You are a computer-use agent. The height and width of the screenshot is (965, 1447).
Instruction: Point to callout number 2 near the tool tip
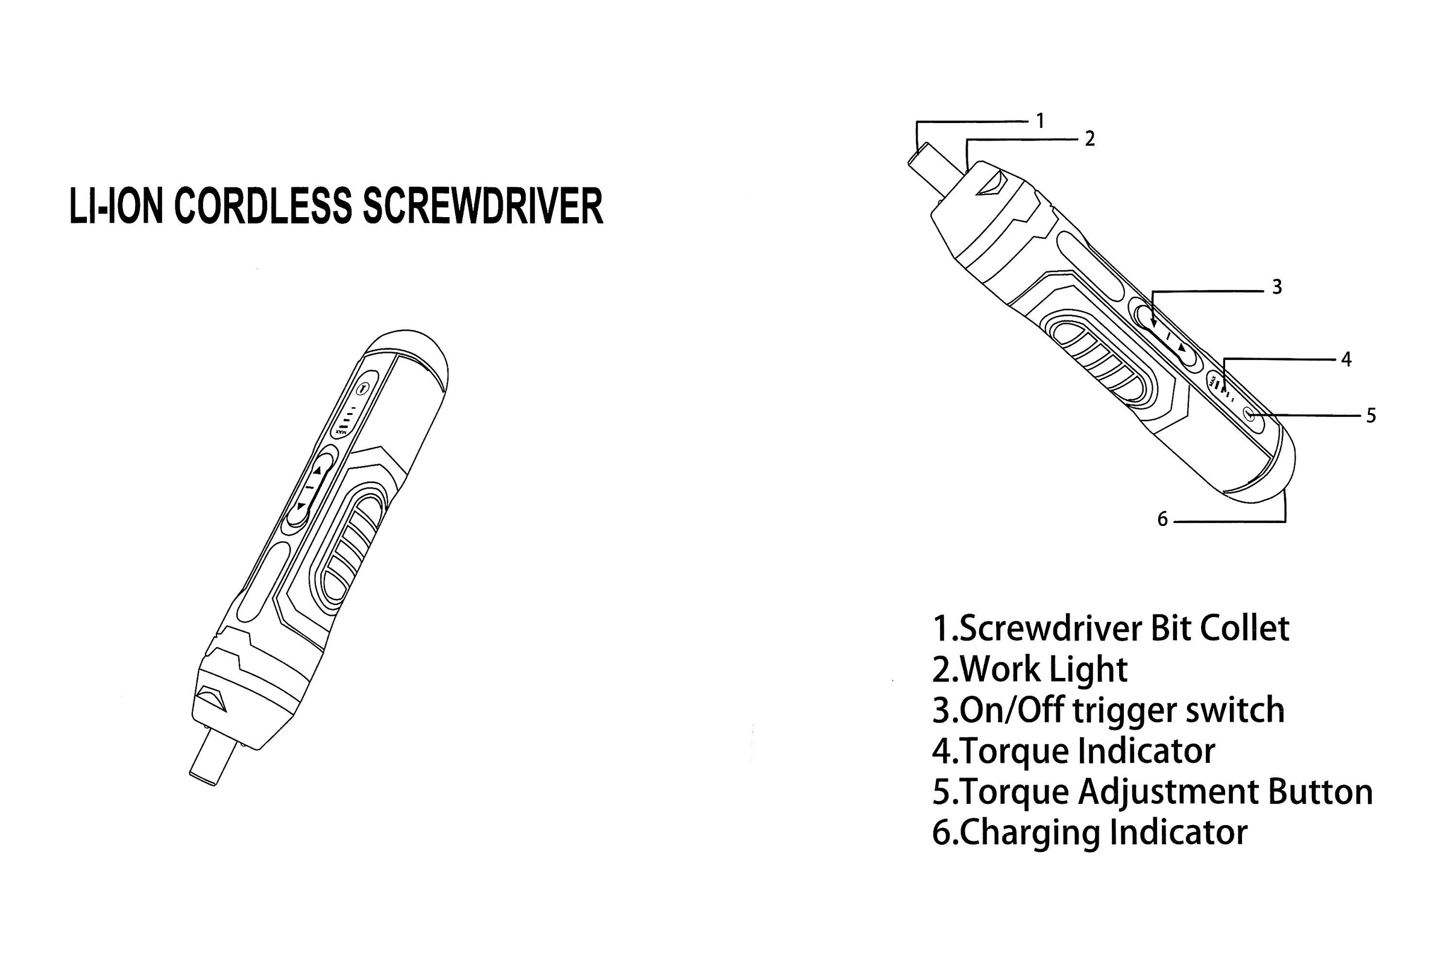[x=1089, y=139]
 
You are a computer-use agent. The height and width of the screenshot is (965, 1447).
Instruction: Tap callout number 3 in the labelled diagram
[x=1276, y=287]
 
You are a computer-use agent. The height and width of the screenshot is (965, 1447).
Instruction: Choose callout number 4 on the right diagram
[x=1346, y=359]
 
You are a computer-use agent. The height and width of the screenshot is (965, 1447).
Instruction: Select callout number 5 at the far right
[x=1371, y=416]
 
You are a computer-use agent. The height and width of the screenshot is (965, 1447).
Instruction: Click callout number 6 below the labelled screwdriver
[x=1162, y=520]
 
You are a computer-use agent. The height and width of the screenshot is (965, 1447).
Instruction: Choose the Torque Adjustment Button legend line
[x=1153, y=793]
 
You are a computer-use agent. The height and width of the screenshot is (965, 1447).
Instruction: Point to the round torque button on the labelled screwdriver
[x=1249, y=415]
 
